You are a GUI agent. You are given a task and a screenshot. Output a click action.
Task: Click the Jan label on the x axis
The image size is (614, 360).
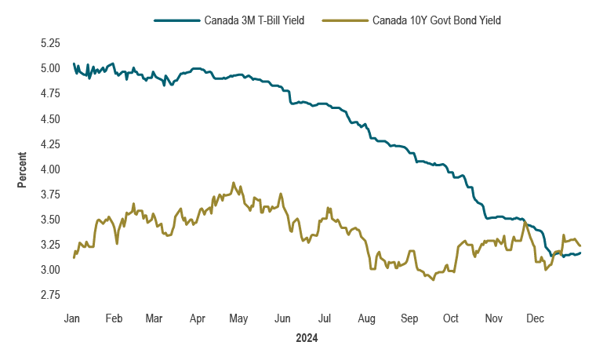[72, 318]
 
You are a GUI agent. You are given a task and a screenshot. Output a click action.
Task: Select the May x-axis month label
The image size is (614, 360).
[239, 318]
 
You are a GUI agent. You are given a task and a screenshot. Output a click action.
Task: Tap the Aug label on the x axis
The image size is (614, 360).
[366, 318]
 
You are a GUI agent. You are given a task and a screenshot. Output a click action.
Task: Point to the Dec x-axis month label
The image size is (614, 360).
[536, 318]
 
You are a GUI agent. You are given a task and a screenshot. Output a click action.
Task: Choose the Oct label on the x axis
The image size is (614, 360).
[451, 318]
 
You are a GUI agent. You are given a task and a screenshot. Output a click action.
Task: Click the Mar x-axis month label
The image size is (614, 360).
[154, 318]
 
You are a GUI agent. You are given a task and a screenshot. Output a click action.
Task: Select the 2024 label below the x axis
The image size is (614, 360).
[307, 339]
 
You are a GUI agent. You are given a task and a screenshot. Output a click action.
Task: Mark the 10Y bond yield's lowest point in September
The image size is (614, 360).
[433, 280]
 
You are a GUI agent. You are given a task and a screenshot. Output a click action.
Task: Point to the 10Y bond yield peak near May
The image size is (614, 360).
[234, 182]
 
